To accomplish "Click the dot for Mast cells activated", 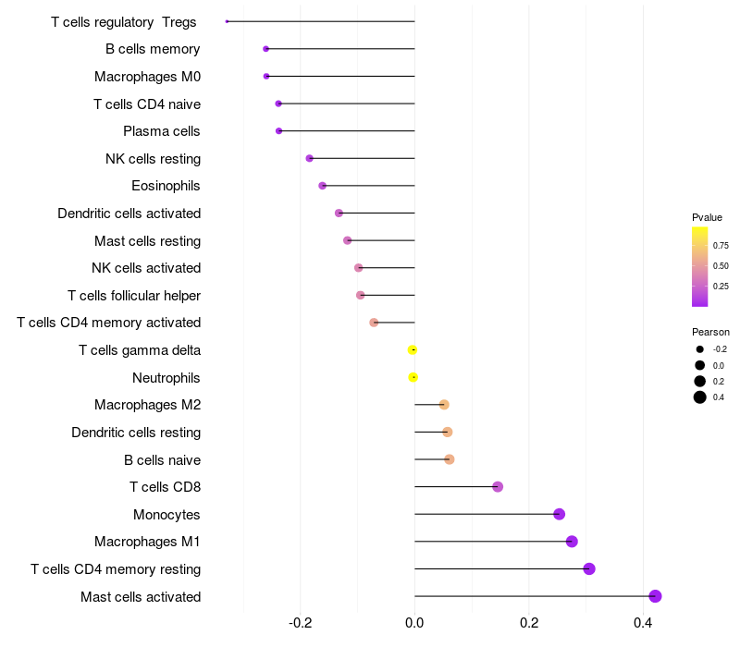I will pyautogui.click(x=655, y=596).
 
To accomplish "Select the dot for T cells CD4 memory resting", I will pyautogui.click(x=589, y=568).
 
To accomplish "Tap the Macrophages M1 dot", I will pyautogui.click(x=572, y=542).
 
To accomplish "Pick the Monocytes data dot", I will pyautogui.click(x=559, y=514).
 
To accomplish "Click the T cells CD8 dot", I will pyautogui.click(x=498, y=487).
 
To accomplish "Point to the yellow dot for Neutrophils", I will pyautogui.click(x=413, y=377).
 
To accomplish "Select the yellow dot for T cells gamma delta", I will pyautogui.click(x=413, y=349).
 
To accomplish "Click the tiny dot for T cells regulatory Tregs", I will pyautogui.click(x=227, y=21).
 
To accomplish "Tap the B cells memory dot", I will pyautogui.click(x=265, y=48).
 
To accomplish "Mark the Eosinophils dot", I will pyautogui.click(x=322, y=186).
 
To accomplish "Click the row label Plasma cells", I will pyautogui.click(x=162, y=131).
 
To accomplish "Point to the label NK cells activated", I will pyautogui.click(x=146, y=268).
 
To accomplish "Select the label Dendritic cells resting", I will pyautogui.click(x=136, y=433).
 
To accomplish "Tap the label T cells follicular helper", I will pyautogui.click(x=134, y=296).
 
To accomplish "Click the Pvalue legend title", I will pyautogui.click(x=707, y=217).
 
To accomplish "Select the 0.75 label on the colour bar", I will pyautogui.click(x=721, y=246).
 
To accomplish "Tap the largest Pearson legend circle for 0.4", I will pyautogui.click(x=700, y=397).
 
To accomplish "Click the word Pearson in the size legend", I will pyautogui.click(x=710, y=332).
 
